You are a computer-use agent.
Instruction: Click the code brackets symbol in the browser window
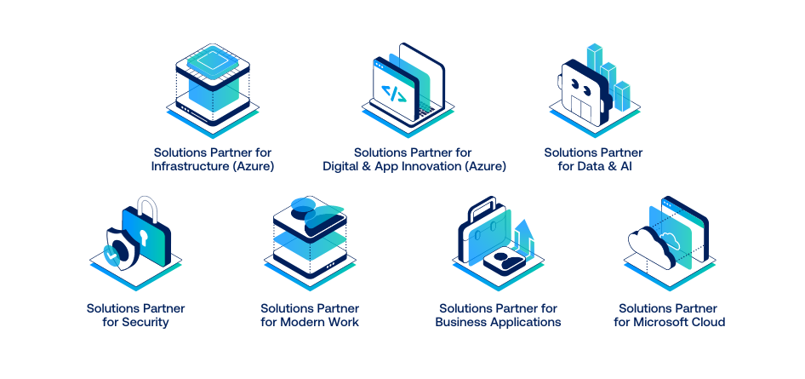[392, 94]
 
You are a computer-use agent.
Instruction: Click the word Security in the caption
[146, 323]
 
